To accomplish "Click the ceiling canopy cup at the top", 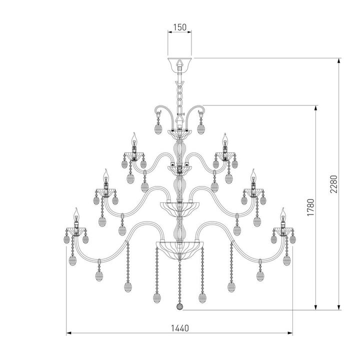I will coord(179,64).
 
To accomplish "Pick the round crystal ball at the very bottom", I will coord(179,305).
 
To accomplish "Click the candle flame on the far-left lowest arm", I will coord(76,213).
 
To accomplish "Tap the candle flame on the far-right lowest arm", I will coord(282,213).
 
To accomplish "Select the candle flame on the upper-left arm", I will coord(134,137).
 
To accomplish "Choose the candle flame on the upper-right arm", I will coord(225,137).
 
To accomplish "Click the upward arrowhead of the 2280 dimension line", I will coord(340,61).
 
